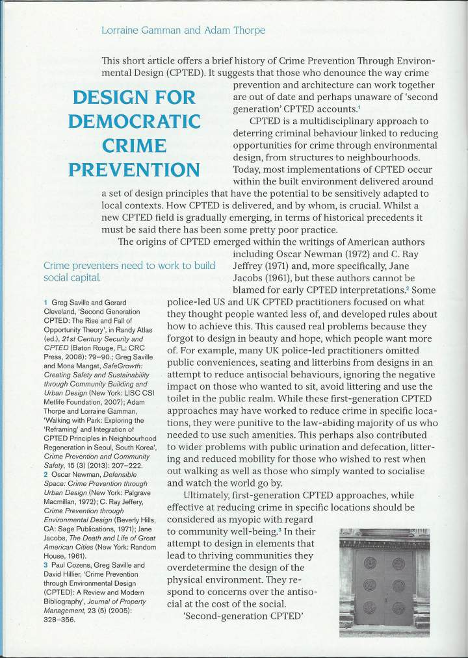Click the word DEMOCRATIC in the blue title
click(x=136, y=121)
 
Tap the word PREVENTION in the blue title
click(x=136, y=170)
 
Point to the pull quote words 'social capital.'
click(x=72, y=278)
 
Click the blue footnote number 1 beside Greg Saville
click(x=45, y=301)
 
